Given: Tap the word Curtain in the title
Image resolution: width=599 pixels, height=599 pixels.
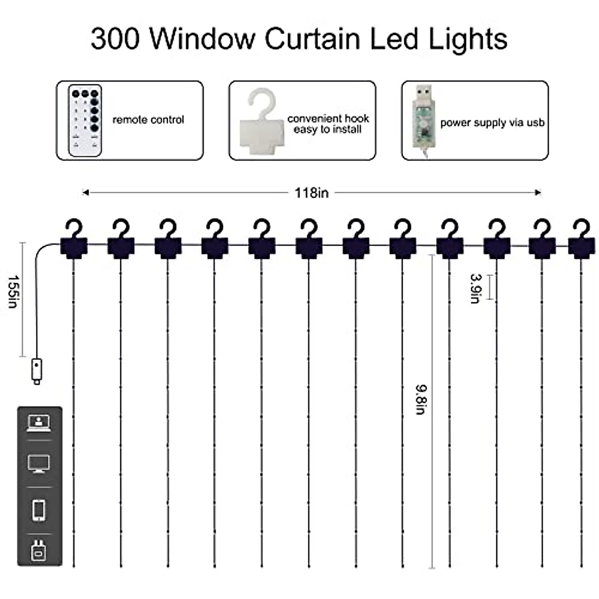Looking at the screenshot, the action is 312,38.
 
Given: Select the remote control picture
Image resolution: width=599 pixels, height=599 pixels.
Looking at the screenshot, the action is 85,121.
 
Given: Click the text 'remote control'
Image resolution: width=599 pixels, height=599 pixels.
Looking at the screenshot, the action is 148,120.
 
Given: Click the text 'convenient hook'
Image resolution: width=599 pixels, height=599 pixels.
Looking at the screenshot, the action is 328,119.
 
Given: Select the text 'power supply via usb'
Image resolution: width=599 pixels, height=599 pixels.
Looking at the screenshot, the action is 492,123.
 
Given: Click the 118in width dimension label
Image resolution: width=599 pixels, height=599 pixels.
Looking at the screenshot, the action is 311,193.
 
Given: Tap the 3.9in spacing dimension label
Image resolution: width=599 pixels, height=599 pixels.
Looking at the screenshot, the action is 476,288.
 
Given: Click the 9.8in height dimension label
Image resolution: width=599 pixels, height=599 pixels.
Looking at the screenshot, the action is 420,399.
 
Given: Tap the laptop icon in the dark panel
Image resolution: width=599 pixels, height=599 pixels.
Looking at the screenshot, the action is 39,423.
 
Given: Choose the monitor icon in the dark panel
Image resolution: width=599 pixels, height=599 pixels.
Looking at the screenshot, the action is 39,464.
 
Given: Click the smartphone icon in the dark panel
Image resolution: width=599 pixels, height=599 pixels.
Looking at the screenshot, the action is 39,510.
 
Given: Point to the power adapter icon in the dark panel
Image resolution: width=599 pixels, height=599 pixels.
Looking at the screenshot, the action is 39,549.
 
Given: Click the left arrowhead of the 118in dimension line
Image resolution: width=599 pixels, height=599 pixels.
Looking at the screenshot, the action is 85,192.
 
